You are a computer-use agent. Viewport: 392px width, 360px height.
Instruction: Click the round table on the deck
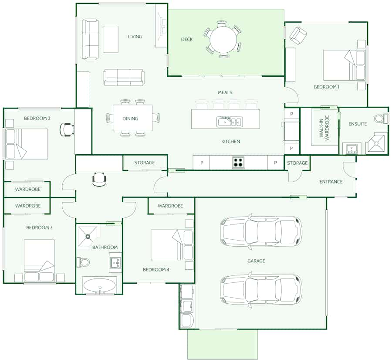point(223,39)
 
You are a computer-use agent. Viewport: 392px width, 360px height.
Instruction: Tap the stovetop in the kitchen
point(238,162)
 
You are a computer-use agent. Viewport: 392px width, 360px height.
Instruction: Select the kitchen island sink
point(229,122)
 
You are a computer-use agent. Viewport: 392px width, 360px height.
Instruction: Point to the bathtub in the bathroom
point(99,285)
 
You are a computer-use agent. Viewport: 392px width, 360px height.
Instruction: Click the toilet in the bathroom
point(83,262)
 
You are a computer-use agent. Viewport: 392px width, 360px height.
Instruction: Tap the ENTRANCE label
point(331,182)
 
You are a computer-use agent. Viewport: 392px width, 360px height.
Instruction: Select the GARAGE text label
point(256,261)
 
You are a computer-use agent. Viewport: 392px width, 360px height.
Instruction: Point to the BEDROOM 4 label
point(156,269)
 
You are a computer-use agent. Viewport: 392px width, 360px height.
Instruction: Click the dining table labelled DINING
point(132,118)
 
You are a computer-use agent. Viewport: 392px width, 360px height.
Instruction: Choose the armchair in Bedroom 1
point(298,36)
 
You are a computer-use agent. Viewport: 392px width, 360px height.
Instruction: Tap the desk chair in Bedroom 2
point(67,129)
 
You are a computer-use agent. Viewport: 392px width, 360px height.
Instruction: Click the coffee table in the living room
point(111,39)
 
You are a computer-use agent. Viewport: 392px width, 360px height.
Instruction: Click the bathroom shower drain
point(88,236)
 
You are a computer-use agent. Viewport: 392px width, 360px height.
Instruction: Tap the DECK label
point(187,39)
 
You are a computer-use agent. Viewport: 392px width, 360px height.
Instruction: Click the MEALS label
point(225,92)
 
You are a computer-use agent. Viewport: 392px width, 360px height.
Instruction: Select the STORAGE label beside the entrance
point(297,163)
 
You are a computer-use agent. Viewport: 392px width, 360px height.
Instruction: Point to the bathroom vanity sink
point(115,262)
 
